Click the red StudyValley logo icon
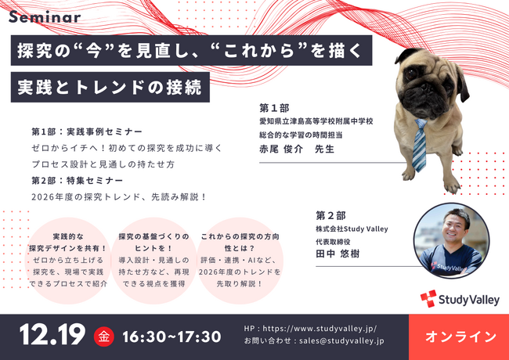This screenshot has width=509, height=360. (x=428, y=298)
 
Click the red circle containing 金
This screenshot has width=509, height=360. (x=103, y=337)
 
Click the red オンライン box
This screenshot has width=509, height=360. (x=460, y=337)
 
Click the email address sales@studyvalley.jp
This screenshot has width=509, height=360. (x=337, y=343)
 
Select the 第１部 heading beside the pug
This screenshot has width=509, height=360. (x=276, y=107)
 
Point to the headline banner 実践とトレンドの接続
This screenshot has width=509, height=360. (x=110, y=88)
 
